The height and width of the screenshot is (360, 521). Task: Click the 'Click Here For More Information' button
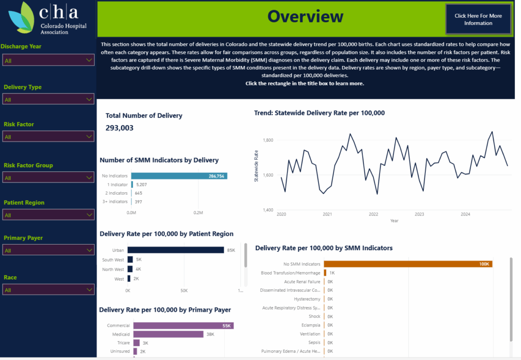[478, 19]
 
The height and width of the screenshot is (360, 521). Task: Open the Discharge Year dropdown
[48, 61]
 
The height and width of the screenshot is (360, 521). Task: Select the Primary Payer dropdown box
[48, 250]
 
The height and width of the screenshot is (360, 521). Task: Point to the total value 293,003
[120, 128]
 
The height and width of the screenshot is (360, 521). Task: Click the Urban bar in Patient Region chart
[176, 250]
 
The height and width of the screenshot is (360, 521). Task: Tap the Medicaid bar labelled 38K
[168, 335]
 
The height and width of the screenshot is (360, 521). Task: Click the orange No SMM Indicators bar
[408, 264]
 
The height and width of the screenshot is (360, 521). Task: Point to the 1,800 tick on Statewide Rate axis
[268, 140]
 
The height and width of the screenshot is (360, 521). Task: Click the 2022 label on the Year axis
[373, 214]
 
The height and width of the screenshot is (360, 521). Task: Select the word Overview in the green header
[305, 16]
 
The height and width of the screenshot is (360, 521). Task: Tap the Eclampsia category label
[310, 325]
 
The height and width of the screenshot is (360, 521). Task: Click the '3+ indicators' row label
[114, 202]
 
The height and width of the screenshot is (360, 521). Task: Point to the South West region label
[113, 259]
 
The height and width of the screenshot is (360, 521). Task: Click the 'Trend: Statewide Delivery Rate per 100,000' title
[319, 113]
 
